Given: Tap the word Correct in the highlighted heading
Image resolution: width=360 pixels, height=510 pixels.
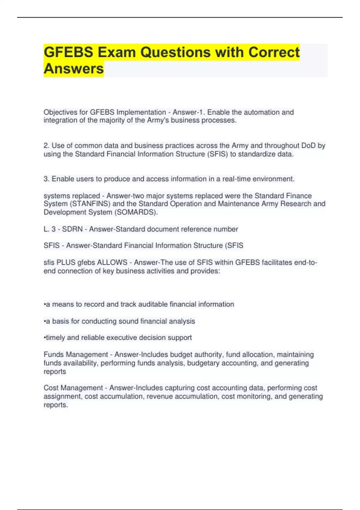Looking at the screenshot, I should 274,52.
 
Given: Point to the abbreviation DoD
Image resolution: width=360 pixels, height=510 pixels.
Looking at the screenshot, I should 308,146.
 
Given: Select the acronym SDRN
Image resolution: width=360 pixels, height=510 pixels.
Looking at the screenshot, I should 72,229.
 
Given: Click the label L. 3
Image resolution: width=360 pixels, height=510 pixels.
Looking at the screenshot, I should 49,229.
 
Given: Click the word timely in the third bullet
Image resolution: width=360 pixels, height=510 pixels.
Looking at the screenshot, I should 55,338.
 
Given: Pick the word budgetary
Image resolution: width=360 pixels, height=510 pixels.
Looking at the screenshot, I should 204,363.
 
